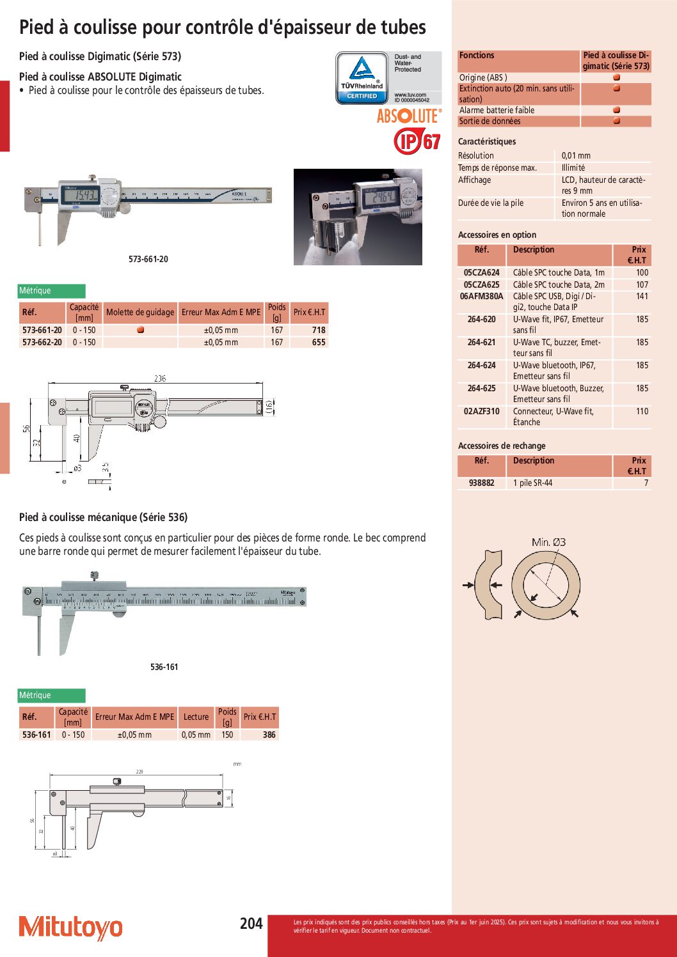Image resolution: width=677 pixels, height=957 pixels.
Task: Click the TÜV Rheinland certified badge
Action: [362, 78]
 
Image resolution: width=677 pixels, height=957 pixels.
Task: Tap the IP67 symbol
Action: [417, 141]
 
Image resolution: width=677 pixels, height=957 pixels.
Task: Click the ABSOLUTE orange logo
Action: [409, 116]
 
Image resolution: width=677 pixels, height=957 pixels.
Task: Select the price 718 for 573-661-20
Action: [319, 330]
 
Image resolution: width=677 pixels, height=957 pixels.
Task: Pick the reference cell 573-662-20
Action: [42, 342]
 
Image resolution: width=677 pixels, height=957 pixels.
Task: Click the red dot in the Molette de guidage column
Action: [140, 330]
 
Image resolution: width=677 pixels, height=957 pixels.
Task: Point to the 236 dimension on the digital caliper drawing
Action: [160, 378]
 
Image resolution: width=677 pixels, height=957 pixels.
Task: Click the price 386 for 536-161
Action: [269, 735]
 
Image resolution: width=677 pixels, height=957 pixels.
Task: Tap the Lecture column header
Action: [196, 717]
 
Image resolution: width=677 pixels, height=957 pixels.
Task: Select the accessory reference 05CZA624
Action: [482, 272]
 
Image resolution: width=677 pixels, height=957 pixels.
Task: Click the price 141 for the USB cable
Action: [642, 296]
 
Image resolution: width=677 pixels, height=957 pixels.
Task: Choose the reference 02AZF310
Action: [482, 411]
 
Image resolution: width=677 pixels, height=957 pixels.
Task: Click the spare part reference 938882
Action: [482, 483]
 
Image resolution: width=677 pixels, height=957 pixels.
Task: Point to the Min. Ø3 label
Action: [548, 542]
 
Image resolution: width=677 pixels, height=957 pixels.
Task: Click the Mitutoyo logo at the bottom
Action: [70, 927]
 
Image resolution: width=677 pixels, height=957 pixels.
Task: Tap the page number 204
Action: [251, 923]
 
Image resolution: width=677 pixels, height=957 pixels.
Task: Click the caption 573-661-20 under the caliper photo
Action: [148, 259]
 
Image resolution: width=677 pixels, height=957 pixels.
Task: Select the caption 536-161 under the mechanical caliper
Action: [164, 667]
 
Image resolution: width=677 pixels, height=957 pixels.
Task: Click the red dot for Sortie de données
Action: [616, 121]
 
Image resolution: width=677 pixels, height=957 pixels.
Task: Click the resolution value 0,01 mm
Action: [576, 155]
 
